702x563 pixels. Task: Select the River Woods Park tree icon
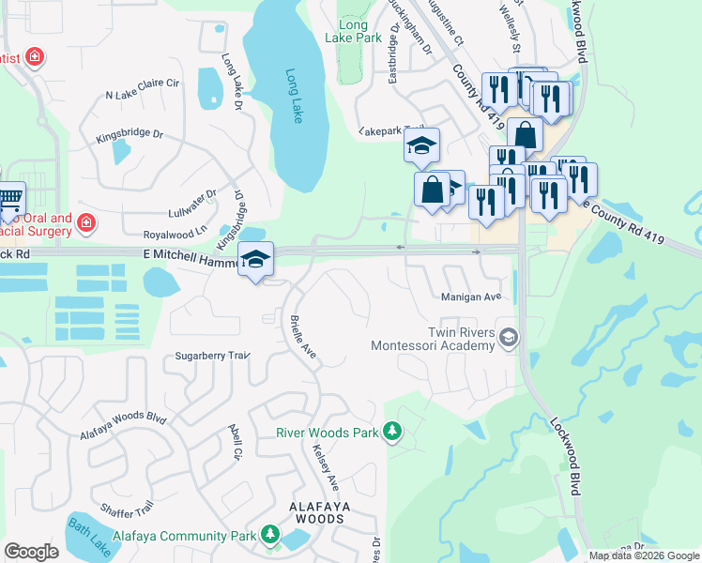(x=392, y=433)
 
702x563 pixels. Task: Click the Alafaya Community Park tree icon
(x=270, y=535)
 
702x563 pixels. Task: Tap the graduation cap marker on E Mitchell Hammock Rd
(x=255, y=260)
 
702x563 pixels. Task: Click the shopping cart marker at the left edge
(x=8, y=199)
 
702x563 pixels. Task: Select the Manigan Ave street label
(x=471, y=297)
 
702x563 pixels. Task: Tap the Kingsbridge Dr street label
(x=130, y=137)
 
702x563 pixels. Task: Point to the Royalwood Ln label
(x=174, y=233)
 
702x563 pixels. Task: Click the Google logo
(x=31, y=552)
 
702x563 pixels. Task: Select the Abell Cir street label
(x=235, y=441)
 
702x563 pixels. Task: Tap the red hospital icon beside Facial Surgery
(x=86, y=222)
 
